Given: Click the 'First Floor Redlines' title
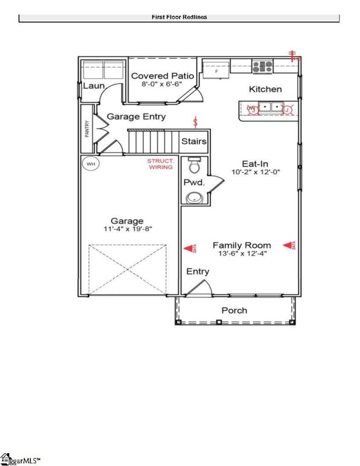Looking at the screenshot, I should click(x=179, y=17).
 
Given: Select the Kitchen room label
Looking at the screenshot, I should click(x=265, y=89).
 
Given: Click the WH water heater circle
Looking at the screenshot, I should click(x=91, y=164).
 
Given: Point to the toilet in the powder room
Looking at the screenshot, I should click(x=194, y=168).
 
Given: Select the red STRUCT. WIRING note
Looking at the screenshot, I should click(x=160, y=164).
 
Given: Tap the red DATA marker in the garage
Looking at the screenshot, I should click(x=189, y=249).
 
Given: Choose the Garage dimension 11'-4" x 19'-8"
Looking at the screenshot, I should click(x=127, y=229).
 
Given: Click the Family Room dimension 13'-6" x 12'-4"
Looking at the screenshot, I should click(x=241, y=253).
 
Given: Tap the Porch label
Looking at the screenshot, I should click(x=234, y=310).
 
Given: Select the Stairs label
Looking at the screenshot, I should click(x=193, y=142).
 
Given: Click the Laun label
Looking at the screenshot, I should click(x=93, y=86).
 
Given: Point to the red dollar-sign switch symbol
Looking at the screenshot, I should click(x=196, y=123).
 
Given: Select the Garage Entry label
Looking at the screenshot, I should click(x=136, y=116).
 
